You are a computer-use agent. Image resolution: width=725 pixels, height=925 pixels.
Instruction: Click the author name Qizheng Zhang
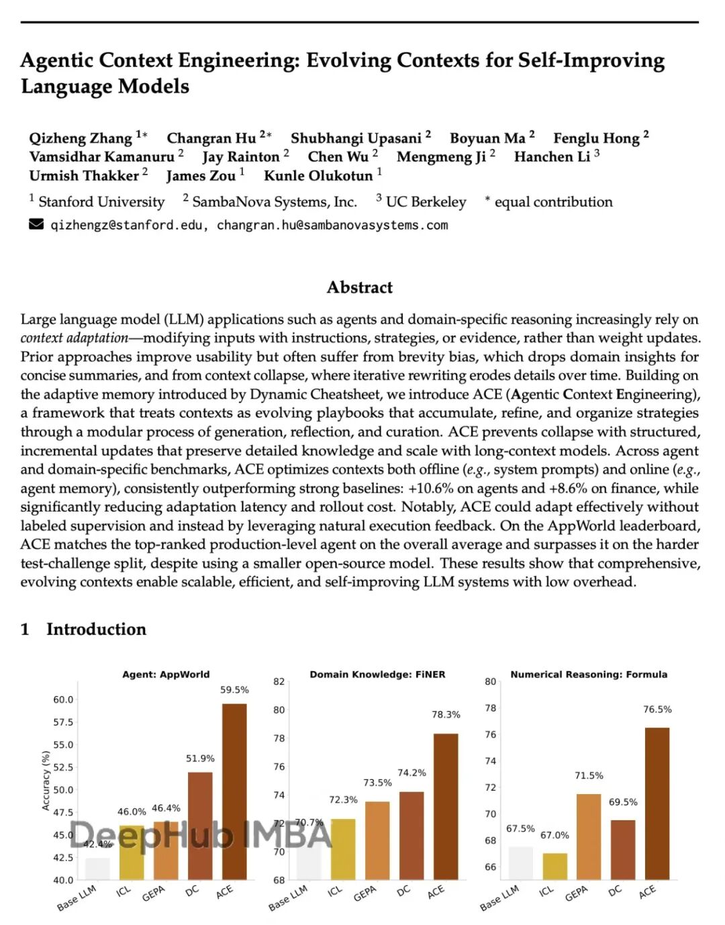tap(81, 138)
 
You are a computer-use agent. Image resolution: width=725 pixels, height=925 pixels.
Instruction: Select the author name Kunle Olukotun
tap(318, 176)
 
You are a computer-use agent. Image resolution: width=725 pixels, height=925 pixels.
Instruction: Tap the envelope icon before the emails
tap(36, 224)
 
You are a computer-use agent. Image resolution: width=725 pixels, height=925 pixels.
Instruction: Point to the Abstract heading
tap(359, 287)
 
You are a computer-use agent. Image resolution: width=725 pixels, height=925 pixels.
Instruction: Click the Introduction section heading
tap(96, 629)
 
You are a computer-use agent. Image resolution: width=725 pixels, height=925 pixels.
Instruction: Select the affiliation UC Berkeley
tap(426, 202)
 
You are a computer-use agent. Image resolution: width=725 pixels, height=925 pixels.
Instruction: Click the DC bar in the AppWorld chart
tap(200, 825)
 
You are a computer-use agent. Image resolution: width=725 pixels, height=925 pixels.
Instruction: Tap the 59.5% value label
tap(234, 690)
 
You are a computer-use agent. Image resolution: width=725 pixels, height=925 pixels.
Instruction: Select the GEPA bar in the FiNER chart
tap(377, 840)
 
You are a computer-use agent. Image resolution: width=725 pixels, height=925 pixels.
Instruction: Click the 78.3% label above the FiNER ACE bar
tap(446, 715)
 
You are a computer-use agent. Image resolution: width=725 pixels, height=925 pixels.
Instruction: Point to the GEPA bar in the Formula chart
tap(589, 836)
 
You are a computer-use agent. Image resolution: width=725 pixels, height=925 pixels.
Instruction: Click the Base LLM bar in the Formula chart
tap(520, 863)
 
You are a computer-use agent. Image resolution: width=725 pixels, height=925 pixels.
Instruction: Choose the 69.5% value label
tap(623, 802)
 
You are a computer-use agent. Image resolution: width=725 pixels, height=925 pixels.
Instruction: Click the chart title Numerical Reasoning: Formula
tap(589, 675)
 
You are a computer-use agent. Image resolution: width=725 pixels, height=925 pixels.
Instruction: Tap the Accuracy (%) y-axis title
tap(46, 780)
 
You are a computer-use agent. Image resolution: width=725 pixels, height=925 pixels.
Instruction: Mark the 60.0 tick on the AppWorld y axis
tap(63, 699)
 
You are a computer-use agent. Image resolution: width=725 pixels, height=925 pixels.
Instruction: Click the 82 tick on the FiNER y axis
tap(279, 681)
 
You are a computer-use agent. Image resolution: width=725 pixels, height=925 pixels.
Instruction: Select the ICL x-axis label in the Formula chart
tap(546, 891)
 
